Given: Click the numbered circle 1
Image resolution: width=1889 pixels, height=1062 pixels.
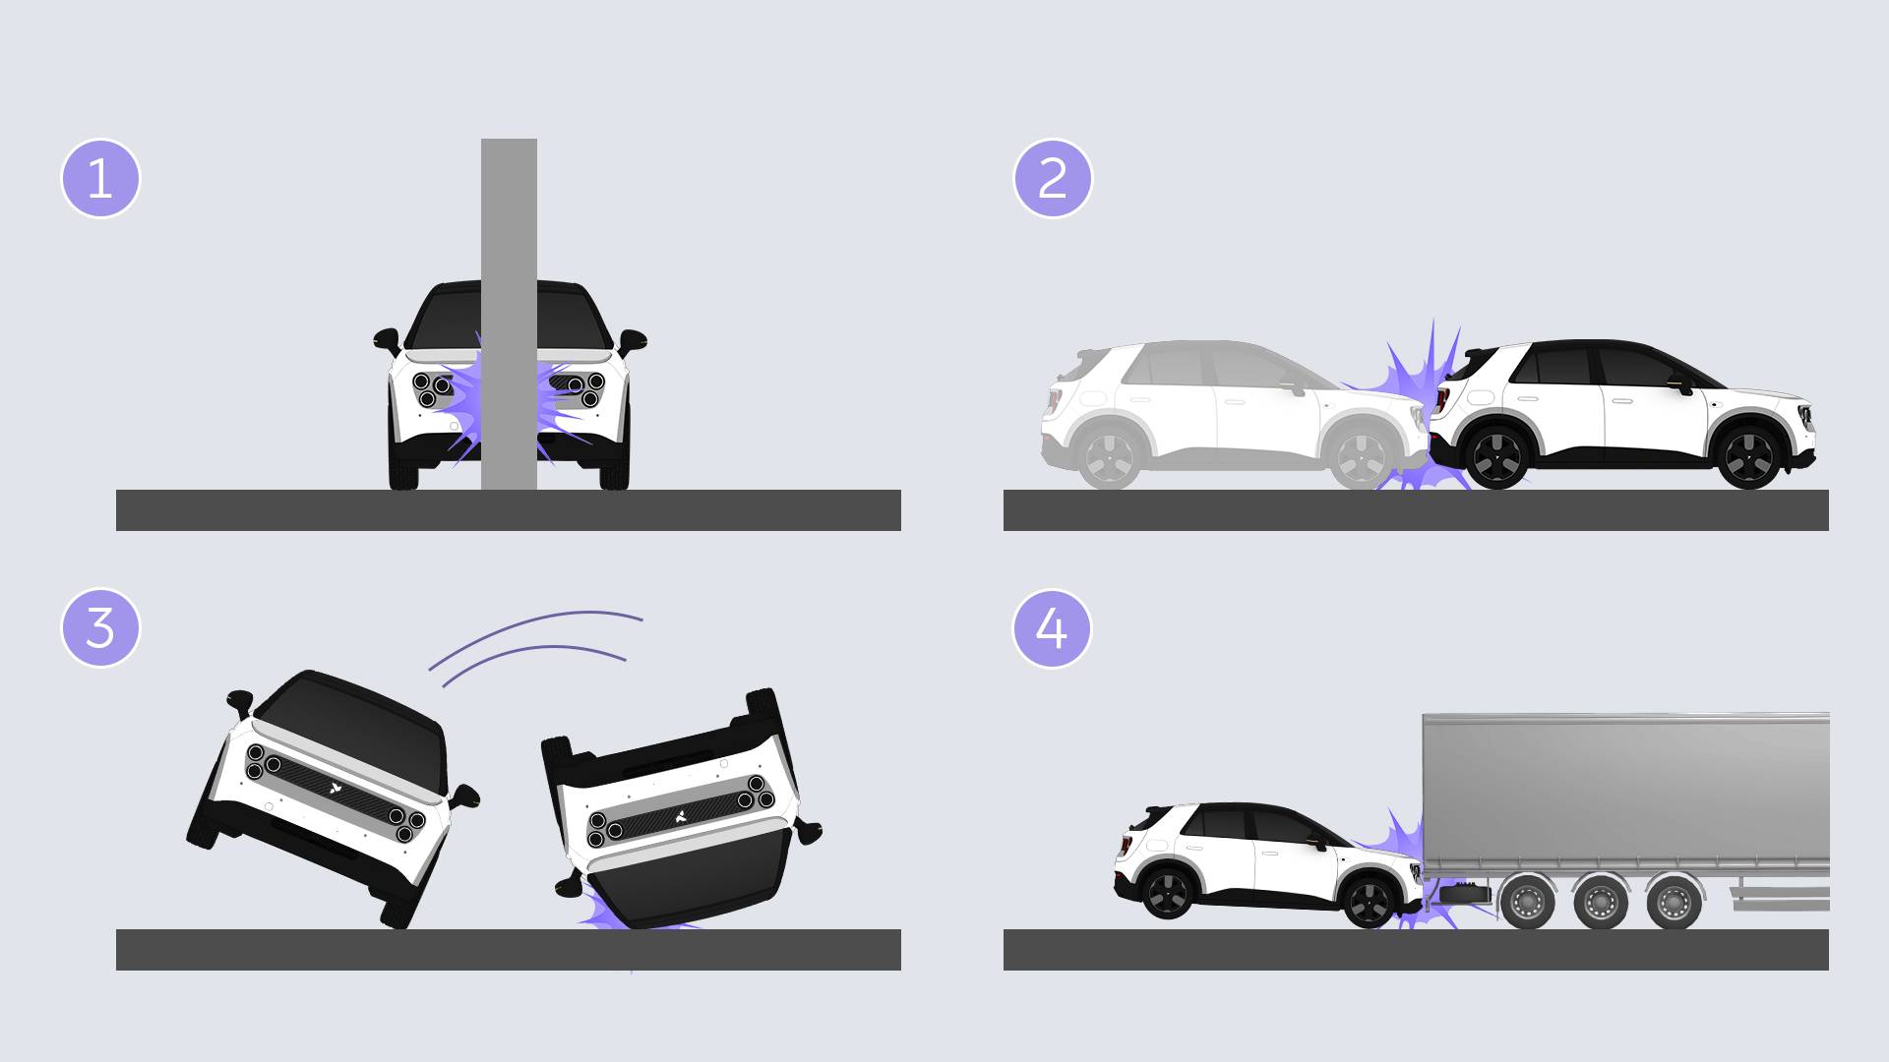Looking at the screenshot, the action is (x=100, y=179).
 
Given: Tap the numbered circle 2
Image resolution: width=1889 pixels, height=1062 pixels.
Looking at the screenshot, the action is (x=1053, y=179).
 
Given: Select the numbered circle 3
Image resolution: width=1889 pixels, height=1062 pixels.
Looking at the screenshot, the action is (x=100, y=627).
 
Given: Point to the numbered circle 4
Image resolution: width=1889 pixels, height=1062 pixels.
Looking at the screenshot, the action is (x=1053, y=627).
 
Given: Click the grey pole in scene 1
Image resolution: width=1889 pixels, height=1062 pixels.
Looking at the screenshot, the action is (x=509, y=314).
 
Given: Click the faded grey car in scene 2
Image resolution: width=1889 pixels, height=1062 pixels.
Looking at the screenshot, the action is (x=1230, y=414).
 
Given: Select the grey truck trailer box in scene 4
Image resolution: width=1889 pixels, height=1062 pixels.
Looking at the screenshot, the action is (x=1625, y=793).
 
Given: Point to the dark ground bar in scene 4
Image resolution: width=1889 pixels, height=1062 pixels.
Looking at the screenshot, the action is (x=1416, y=950).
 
